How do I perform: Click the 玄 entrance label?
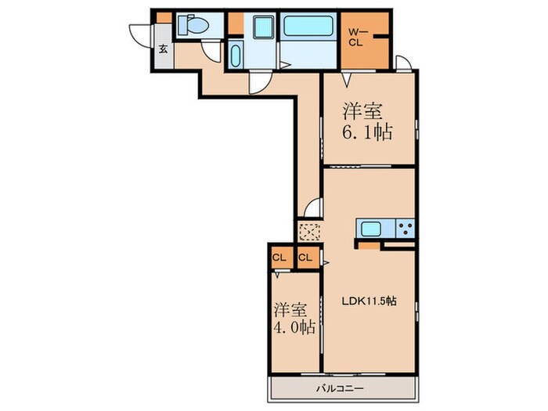pos(163,49)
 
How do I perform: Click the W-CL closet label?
pos(356,37)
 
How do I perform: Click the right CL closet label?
pos(305,257)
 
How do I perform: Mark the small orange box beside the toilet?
pos(164,17)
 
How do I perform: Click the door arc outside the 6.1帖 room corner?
pos(404,63)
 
